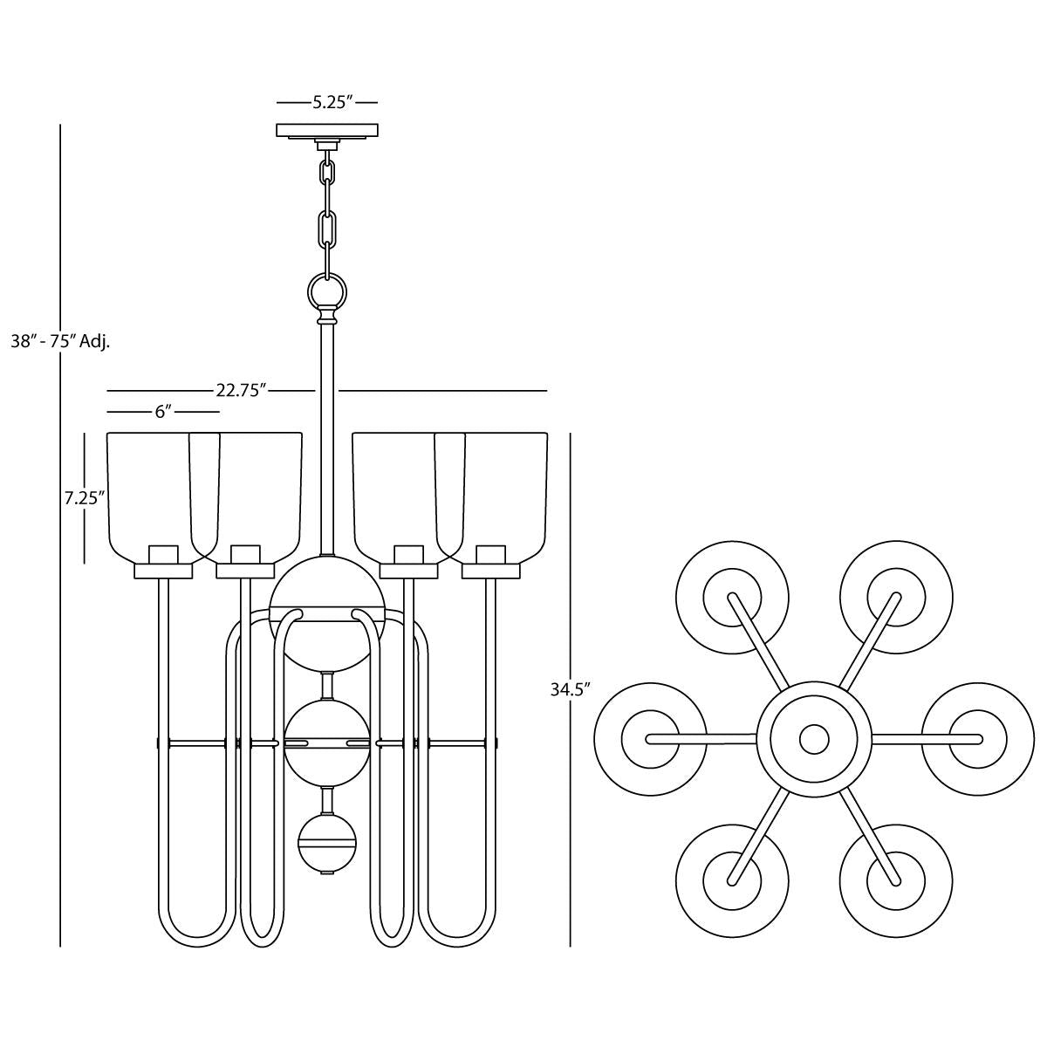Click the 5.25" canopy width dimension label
[332, 103]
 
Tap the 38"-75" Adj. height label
[59, 341]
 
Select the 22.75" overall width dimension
[240, 391]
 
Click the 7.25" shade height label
[84, 498]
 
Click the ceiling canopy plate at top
[327, 131]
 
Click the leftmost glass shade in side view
[148, 493]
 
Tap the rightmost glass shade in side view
[506, 493]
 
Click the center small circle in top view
[814, 739]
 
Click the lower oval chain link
[328, 229]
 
